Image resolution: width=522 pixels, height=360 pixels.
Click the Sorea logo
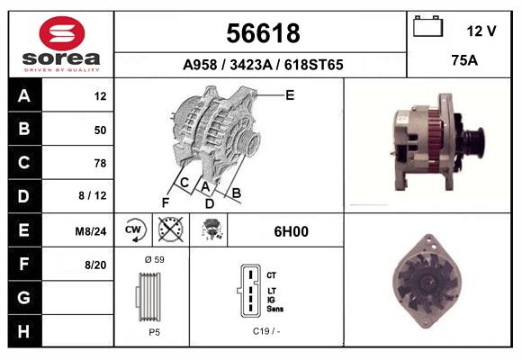61,45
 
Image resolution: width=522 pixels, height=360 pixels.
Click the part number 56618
262,33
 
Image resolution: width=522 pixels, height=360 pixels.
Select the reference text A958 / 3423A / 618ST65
262,65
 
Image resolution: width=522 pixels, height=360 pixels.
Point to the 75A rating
463,62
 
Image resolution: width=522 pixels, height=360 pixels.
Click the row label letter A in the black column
23,96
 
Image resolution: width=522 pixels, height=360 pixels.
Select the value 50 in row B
100,130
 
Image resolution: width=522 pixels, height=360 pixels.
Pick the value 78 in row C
100,163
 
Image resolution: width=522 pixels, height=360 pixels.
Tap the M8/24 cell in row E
91,230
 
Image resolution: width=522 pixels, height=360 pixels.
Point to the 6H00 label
291,231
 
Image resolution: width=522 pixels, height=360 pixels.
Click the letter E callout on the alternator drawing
290,94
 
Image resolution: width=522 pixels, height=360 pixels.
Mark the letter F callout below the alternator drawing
166,202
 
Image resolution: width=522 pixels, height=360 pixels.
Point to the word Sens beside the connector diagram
275,309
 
